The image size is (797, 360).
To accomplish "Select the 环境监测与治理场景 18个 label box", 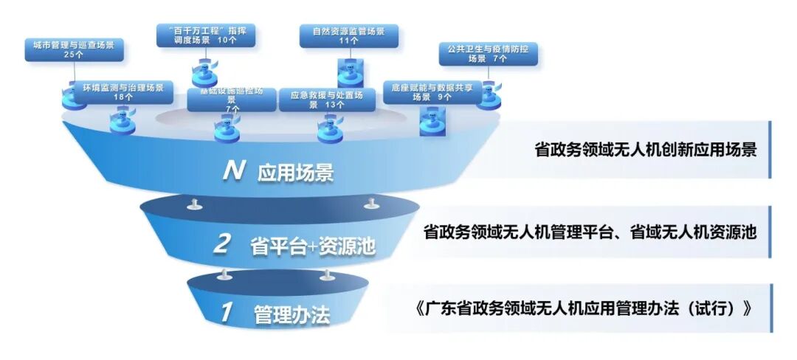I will pyautogui.click(x=117, y=92).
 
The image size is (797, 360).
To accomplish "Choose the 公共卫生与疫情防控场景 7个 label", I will pyautogui.click(x=488, y=54).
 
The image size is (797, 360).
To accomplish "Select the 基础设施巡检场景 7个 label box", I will pyautogui.click(x=232, y=100).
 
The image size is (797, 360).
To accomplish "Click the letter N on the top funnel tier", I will pyautogui.click(x=234, y=172).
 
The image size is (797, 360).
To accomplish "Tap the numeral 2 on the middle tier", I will pyautogui.click(x=221, y=244).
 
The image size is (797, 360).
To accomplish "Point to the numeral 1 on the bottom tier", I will pyautogui.click(x=227, y=313).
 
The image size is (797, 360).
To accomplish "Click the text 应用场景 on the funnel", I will pyautogui.click(x=296, y=173).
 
